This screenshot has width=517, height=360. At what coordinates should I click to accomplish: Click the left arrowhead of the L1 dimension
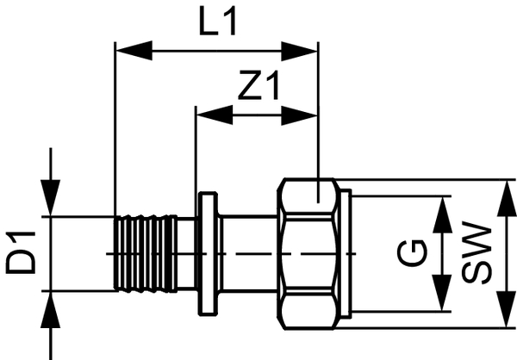point(126,51)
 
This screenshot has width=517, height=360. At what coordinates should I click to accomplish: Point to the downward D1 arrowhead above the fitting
point(52,204)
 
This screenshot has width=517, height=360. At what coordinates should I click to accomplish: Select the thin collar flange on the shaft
point(208,254)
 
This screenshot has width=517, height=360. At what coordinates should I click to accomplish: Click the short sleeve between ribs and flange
point(186,254)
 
